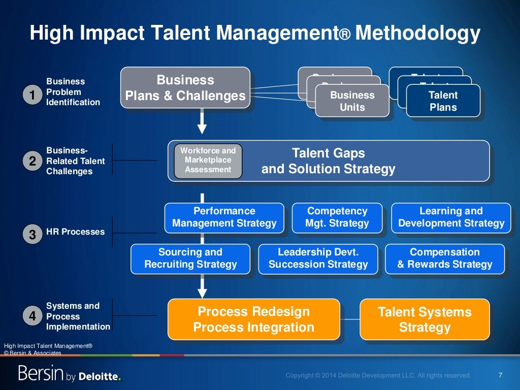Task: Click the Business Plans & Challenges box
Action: pyautogui.click(x=185, y=88)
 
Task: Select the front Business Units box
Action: pyautogui.click(x=352, y=101)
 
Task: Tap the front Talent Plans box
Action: pyautogui.click(x=443, y=101)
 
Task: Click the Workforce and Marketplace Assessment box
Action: pyautogui.click(x=208, y=160)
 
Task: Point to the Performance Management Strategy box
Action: pyautogui.click(x=224, y=217)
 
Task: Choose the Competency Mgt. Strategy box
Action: pyautogui.click(x=337, y=217)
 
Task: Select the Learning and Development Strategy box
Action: pyautogui.click(x=451, y=217)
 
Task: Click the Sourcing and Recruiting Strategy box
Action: pyautogui.click(x=190, y=258)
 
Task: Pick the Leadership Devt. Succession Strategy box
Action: pyautogui.click(x=318, y=258)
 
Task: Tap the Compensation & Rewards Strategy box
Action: pyautogui.click(x=445, y=258)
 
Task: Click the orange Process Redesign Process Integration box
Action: pyautogui.click(x=253, y=319)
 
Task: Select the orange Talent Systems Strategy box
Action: pyautogui.click(x=425, y=319)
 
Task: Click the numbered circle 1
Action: pyautogui.click(x=32, y=95)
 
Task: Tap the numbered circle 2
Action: pyautogui.click(x=32, y=161)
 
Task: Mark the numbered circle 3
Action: pyautogui.click(x=32, y=235)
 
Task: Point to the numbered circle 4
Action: pyautogui.click(x=32, y=316)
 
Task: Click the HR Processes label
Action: pyautogui.click(x=75, y=232)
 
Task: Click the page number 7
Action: pyautogui.click(x=500, y=375)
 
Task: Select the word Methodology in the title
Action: pyautogui.click(x=417, y=34)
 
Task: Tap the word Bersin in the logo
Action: pyautogui.click(x=41, y=374)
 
